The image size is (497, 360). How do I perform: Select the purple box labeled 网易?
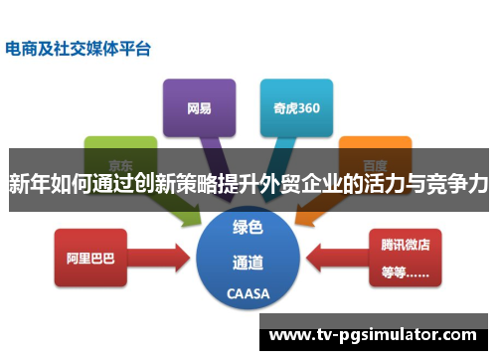click(x=198, y=106)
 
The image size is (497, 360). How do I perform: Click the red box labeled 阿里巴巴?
click(x=90, y=258)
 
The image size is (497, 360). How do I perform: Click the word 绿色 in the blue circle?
click(x=248, y=228)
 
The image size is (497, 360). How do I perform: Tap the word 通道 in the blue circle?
click(x=248, y=263)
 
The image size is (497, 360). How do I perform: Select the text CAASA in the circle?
click(x=248, y=294)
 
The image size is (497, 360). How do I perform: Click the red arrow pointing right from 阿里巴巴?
click(x=164, y=258)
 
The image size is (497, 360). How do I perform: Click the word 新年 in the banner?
click(x=30, y=183)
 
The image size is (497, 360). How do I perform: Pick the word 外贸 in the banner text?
click(x=275, y=183)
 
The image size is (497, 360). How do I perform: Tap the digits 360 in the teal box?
click(x=306, y=106)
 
